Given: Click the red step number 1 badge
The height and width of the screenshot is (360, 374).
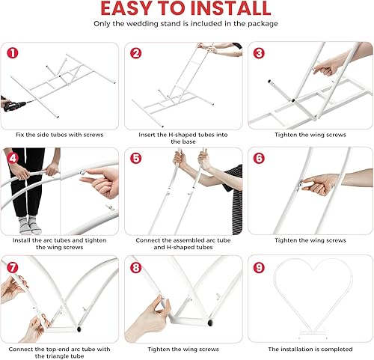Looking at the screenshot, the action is point(13,53).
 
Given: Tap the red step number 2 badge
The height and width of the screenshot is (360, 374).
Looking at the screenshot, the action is point(136,53).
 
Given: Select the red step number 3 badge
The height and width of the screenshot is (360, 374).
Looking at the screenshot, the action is point(259,53).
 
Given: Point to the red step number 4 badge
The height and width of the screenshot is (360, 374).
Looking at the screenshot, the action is point(13,159).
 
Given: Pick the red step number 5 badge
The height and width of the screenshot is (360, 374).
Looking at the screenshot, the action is point(136,159).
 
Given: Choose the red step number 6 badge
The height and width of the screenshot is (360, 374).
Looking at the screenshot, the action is point(259,159).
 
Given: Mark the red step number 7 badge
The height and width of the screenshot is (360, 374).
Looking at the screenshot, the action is point(13,268).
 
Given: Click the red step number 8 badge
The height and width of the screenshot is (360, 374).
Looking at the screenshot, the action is point(136,268).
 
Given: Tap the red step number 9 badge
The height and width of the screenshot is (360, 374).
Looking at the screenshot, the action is point(259,268).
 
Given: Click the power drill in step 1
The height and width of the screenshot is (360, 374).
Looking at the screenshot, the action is point(15,106).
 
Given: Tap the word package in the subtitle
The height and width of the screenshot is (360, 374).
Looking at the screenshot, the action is point(263,24).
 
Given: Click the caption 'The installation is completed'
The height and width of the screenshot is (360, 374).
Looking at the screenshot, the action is point(310,349).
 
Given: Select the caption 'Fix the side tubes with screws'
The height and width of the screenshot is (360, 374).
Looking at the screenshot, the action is point(59,135).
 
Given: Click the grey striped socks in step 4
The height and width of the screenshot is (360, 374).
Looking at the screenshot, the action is point(30,225).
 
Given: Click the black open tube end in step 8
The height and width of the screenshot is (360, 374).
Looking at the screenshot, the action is point(210,323).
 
